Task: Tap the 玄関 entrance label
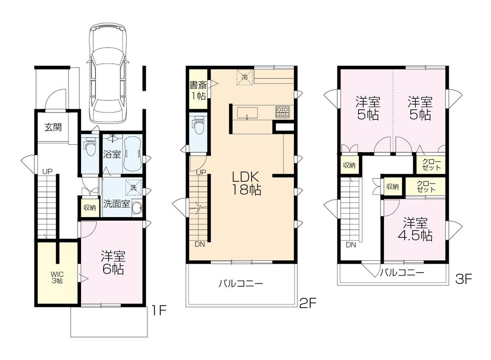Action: tap(53, 127)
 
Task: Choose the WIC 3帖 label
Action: tap(57, 278)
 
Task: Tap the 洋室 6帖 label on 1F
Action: tap(113, 262)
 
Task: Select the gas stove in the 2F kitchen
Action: tap(282, 111)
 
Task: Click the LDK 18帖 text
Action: tap(243, 184)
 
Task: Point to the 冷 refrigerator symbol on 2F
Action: tap(244, 76)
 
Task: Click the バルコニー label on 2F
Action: tap(241, 283)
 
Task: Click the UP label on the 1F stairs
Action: tap(47, 171)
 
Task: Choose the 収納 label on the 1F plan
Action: tap(89, 207)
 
